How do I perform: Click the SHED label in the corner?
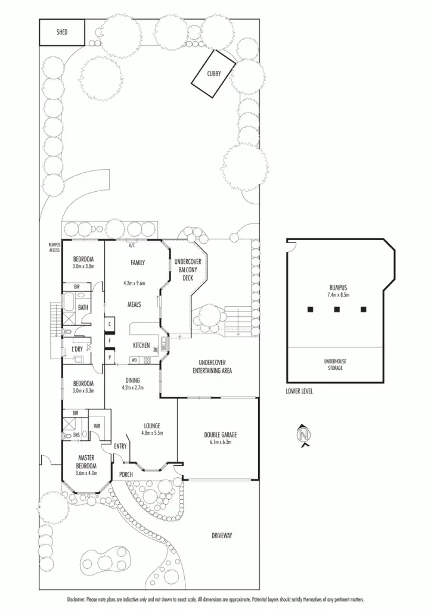(62, 32)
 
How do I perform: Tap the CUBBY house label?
(214, 74)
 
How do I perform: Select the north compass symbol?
(305, 435)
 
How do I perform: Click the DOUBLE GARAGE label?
(220, 435)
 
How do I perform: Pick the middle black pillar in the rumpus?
(337, 309)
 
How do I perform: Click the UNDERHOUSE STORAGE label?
(334, 364)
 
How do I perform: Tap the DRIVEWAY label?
(222, 536)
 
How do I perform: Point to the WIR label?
(97, 427)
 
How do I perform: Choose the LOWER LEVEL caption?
(299, 391)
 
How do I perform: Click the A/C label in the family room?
(132, 245)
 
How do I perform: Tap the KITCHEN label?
(141, 346)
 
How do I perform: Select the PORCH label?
(126, 474)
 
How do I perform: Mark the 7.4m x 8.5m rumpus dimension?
(338, 294)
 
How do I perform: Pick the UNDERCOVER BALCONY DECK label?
(188, 269)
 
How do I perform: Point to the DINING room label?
(132, 381)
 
